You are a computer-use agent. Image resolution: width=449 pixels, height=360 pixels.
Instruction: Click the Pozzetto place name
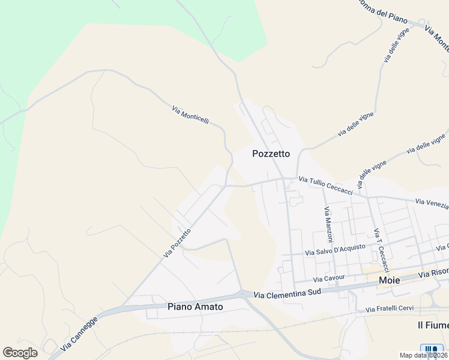(271, 154)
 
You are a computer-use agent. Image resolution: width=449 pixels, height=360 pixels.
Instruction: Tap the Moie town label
(390, 280)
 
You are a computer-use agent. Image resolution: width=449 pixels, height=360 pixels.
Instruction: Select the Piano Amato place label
(195, 307)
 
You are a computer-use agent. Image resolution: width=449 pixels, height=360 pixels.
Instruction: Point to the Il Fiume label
(433, 325)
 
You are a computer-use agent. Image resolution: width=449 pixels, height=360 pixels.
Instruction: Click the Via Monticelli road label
(190, 115)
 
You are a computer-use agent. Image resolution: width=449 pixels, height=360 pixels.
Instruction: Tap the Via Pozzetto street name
(177, 243)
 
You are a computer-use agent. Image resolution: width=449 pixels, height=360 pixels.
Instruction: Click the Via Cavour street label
(329, 278)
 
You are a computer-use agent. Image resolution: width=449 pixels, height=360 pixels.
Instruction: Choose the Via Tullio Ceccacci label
(326, 182)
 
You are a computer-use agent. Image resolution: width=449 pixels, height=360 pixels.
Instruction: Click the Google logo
(20, 353)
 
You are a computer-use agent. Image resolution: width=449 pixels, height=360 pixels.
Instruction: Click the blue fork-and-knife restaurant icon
(432, 349)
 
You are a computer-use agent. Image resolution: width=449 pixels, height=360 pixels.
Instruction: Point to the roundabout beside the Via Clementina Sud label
(244, 293)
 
